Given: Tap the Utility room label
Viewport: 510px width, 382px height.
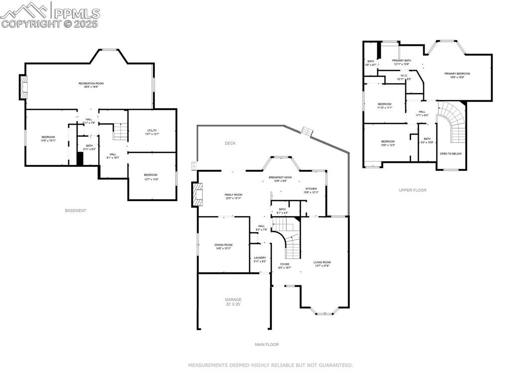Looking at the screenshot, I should coord(152,132).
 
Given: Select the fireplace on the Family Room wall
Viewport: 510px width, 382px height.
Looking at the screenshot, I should coord(198,194).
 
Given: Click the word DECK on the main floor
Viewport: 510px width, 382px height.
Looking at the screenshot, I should coord(230,143).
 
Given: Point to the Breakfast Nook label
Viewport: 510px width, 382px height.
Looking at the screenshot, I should coord(280,179).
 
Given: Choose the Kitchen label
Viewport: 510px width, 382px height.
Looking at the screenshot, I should coord(311,191).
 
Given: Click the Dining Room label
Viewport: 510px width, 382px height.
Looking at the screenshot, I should coord(224,247).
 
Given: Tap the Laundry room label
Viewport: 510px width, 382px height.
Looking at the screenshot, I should coord(260,259).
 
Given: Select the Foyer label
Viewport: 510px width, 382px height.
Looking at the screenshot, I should coord(284,266).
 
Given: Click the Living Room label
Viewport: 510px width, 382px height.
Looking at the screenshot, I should coord(322,264).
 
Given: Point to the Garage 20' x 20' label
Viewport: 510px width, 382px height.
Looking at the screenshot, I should coord(233,302).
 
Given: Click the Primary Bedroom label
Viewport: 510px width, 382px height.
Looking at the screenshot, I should coord(457,75).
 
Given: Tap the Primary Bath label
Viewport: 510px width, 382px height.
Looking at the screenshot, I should coord(401,62).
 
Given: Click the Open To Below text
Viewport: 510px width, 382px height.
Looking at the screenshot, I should coord(451,154).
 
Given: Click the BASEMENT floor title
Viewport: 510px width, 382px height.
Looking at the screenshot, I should coord(76,211).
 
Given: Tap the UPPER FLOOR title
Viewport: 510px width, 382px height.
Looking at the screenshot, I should coord(412,190).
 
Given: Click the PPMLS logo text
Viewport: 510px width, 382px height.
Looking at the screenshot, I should coord(77,13).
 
